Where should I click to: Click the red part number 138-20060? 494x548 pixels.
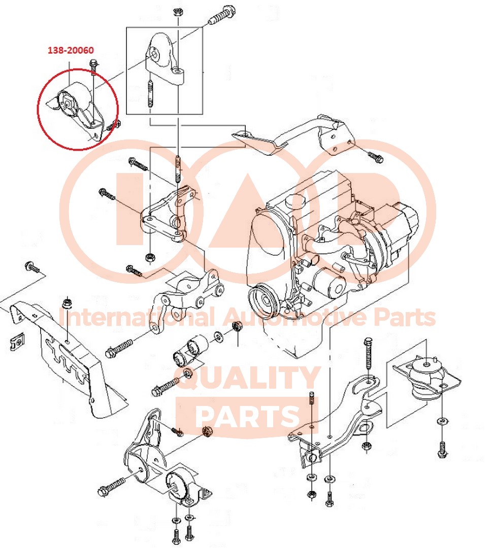click(x=71, y=50)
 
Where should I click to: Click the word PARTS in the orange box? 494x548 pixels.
click(x=248, y=416)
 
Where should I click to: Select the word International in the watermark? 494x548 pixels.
click(x=137, y=317)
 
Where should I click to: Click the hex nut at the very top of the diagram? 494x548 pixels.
click(x=177, y=12)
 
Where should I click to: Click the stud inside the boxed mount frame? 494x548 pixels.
click(x=150, y=94)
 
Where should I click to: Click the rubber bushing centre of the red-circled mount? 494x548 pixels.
click(x=68, y=102)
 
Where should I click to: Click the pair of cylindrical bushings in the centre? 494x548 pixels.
click(x=190, y=350)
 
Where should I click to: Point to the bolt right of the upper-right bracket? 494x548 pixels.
click(x=376, y=157)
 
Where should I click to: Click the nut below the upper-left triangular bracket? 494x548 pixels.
click(x=150, y=258)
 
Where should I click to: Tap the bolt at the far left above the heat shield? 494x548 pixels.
click(x=32, y=267)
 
